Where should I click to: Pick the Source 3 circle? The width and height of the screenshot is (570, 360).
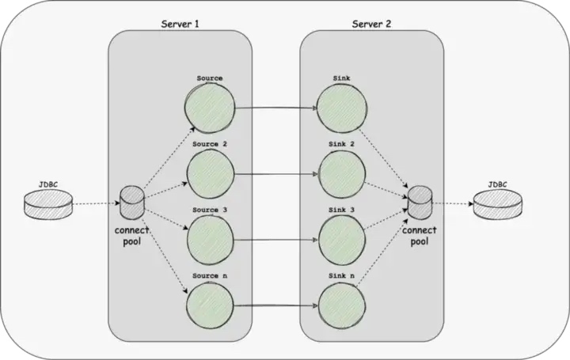click(209, 237)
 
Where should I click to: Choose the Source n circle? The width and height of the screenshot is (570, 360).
click(209, 303)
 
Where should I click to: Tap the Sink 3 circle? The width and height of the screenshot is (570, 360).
click(341, 237)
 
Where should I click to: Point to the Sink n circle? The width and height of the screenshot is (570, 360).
click(341, 303)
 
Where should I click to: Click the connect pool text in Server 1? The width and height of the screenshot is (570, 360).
click(132, 236)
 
